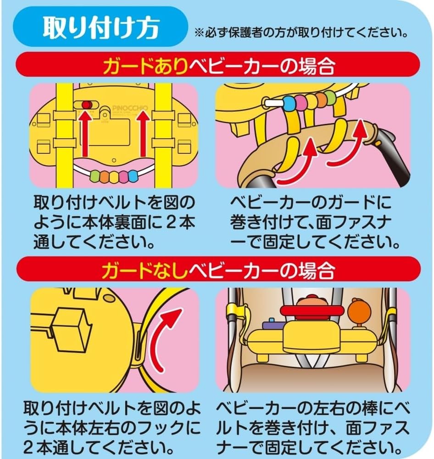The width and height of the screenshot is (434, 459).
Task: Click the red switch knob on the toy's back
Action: (85, 106)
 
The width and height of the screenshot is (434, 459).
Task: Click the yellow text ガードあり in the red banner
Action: (145, 67)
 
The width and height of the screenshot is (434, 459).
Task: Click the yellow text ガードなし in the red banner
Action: (145, 271)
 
